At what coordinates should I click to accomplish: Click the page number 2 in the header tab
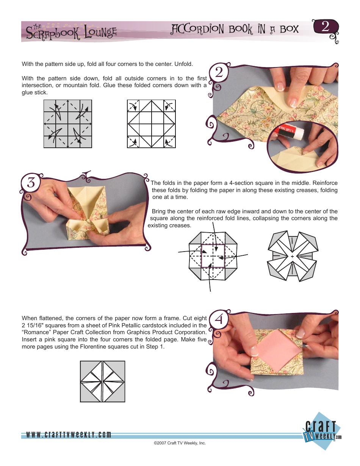(x=325, y=27)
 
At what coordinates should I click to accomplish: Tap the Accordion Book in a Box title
(x=235, y=30)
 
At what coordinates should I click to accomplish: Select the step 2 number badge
(x=218, y=73)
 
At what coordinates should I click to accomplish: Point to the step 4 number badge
(x=218, y=321)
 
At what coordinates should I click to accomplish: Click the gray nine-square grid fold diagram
(x=68, y=124)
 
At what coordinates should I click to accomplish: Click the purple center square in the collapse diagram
(x=213, y=256)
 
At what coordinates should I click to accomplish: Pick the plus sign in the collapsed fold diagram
(x=292, y=257)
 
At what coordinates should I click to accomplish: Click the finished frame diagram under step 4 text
(x=102, y=382)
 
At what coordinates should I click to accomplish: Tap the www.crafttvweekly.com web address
(x=69, y=435)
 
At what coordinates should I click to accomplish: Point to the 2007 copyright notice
(x=180, y=443)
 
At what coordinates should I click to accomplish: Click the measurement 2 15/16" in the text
(x=33, y=325)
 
